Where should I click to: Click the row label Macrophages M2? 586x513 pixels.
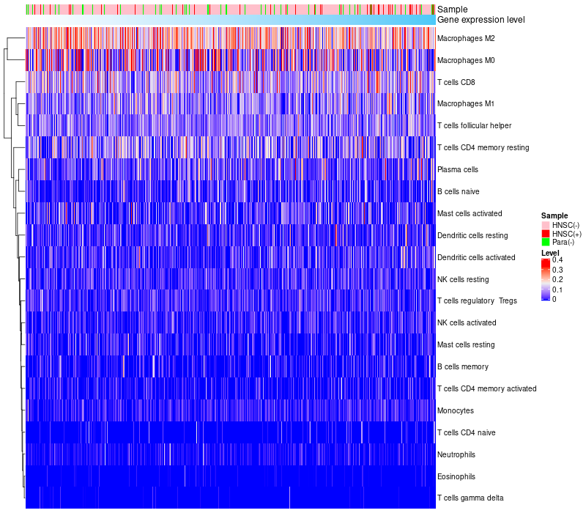466,38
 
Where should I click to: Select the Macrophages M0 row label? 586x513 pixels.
466,60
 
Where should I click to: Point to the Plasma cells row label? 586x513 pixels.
458,169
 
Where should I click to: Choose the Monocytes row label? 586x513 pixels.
456,410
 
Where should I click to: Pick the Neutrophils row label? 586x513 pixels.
458,454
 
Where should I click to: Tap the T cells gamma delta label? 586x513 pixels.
470,498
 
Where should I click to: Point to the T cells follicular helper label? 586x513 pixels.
474,126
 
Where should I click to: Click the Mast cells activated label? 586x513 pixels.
470,213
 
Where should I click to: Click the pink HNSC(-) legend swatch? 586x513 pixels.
546,225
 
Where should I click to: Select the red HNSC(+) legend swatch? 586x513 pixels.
546,234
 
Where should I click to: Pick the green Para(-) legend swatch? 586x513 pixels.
546,242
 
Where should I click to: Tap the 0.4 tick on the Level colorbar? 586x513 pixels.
557,260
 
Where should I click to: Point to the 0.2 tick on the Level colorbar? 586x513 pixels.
557,280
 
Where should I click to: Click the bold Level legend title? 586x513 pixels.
550,253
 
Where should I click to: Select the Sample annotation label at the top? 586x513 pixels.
452,10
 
